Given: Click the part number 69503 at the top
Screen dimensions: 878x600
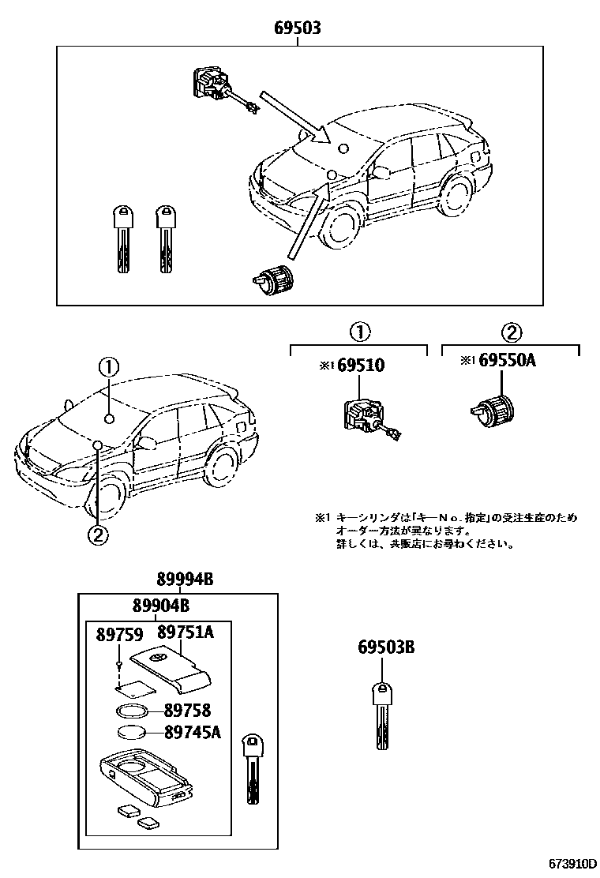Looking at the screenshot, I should pyautogui.click(x=298, y=28).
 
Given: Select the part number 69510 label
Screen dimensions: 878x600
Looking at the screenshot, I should pyautogui.click(x=362, y=365).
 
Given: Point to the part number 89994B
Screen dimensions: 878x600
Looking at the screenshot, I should pyautogui.click(x=184, y=580).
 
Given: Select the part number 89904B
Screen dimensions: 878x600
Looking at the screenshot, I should pyautogui.click(x=160, y=606).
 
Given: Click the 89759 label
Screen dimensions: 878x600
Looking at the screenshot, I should pyautogui.click(x=120, y=634).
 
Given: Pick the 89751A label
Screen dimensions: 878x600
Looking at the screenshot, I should pyautogui.click(x=186, y=632).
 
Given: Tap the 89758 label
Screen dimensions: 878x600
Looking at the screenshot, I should pyautogui.click(x=187, y=711).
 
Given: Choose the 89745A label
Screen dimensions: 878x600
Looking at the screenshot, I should pyautogui.click(x=192, y=733).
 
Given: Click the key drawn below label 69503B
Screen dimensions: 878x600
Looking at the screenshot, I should pyautogui.click(x=381, y=715).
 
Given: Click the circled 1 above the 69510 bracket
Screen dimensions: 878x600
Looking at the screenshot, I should pyautogui.click(x=360, y=332).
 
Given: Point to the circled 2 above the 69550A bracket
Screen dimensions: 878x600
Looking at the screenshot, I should pyautogui.click(x=511, y=332).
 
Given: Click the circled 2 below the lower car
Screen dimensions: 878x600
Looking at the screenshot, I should pyautogui.click(x=96, y=535).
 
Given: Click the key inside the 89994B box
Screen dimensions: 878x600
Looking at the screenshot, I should pyautogui.click(x=252, y=765).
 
